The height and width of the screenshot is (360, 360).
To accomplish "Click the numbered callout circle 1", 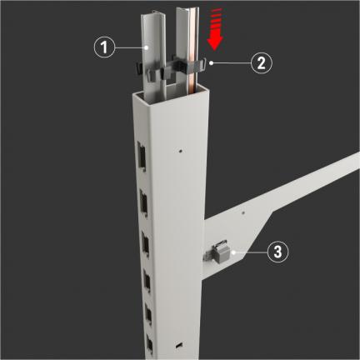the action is tap(104, 47).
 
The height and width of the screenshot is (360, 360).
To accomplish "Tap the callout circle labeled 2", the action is tap(262, 62).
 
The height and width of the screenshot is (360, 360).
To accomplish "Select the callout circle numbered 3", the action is tap(277, 252).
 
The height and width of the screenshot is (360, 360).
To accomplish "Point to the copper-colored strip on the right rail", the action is tap(192, 56).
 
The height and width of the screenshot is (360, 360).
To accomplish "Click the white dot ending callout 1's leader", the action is tap(147, 47).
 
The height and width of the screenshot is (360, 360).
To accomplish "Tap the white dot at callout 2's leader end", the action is tap(212, 63).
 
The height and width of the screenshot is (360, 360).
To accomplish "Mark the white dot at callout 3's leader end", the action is tap(234, 252).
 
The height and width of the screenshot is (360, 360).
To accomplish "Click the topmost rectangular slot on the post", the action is tap(142, 156).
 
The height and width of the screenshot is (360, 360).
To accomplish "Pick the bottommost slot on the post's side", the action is tap(149, 344).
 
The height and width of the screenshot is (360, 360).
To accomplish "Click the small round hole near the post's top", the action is tap(180, 151).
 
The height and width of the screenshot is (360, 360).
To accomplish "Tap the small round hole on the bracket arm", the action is tap(243, 213).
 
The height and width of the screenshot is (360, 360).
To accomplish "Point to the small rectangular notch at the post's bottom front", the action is tap(179, 345).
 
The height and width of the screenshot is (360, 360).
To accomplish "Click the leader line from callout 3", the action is tap(250, 252).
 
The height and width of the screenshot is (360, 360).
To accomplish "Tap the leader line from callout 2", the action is tap(231, 63).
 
